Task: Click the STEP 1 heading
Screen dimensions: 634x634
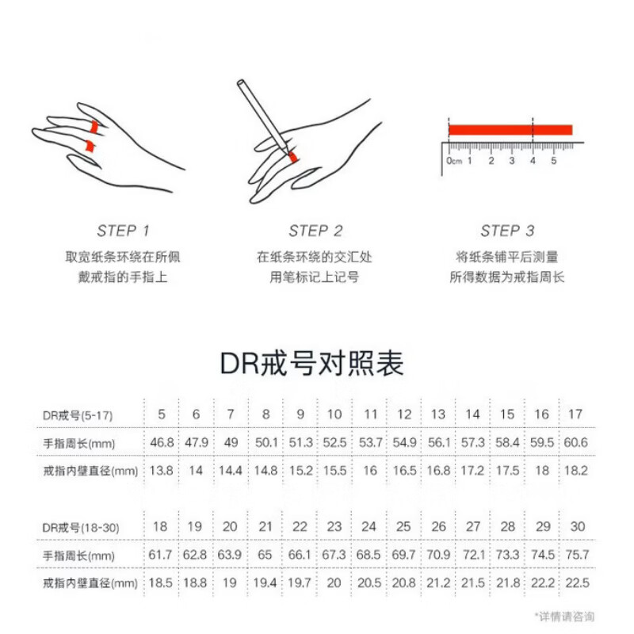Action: point(123,231)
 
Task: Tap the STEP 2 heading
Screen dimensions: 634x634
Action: point(315,231)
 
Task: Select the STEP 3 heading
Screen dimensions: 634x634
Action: point(507,231)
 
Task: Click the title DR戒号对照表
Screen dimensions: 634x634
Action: point(311,363)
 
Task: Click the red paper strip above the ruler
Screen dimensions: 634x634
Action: point(510,129)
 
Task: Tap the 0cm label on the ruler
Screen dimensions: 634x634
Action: point(454,161)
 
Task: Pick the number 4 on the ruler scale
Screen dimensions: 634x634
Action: point(533,161)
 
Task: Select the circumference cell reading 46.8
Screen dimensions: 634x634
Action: point(162,442)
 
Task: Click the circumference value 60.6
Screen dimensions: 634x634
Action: point(576,442)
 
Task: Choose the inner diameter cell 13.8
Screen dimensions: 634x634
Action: point(162,470)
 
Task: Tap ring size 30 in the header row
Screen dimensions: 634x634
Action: point(579,526)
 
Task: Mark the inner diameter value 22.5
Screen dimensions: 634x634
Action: point(579,582)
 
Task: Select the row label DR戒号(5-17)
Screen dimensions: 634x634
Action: point(78,414)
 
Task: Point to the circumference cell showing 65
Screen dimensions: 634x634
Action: point(265,555)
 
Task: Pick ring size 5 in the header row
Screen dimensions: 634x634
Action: point(162,414)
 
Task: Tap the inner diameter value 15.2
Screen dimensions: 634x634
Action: point(300,470)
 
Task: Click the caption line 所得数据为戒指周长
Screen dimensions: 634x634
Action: point(507,277)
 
